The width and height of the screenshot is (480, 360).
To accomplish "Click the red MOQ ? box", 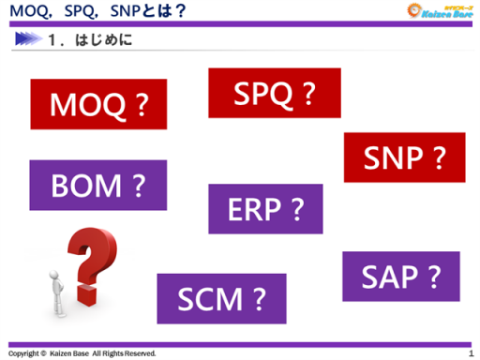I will pyautogui.click(x=98, y=104).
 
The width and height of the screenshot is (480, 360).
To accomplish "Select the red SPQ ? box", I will pyautogui.click(x=274, y=93).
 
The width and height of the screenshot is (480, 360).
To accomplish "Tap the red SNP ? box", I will pyautogui.click(x=404, y=157).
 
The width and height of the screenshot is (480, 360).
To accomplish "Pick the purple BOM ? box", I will pyautogui.click(x=97, y=186).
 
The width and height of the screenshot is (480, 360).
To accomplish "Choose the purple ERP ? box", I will pyautogui.click(x=265, y=208).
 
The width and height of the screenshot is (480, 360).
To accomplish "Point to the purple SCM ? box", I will pyautogui.click(x=221, y=298).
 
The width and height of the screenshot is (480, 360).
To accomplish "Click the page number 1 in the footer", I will pyautogui.click(x=470, y=353).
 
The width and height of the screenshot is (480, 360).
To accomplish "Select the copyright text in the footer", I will pyautogui.click(x=82, y=353).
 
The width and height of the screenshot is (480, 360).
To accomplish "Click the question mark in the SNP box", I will pyautogui.click(x=438, y=157).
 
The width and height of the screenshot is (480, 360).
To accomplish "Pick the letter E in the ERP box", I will pyautogui.click(x=234, y=208).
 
